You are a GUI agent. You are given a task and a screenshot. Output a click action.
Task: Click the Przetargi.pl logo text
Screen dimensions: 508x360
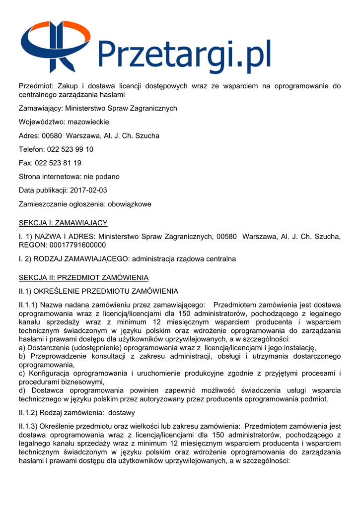pyautogui.click(x=184, y=55)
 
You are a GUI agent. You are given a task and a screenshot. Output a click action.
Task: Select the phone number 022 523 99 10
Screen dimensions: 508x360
pyautogui.click(x=70, y=149)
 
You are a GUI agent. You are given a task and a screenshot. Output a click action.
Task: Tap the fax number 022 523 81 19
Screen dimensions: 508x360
pyautogui.click(x=58, y=163)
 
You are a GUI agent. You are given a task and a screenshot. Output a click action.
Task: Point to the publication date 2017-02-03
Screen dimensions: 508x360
pyautogui.click(x=88, y=190)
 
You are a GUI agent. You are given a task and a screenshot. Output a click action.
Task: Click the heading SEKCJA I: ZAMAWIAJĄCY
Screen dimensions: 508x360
pyautogui.click(x=63, y=223)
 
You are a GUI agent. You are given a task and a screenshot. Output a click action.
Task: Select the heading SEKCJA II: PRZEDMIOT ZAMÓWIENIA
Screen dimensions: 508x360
pyautogui.click(x=83, y=277)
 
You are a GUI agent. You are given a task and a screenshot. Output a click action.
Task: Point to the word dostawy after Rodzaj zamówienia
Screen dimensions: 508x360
pyautogui.click(x=121, y=412)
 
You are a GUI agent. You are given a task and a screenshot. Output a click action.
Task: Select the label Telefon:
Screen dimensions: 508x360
pyautogui.click(x=32, y=149)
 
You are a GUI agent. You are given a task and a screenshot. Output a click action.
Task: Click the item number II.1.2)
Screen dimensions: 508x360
pyautogui.click(x=28, y=412)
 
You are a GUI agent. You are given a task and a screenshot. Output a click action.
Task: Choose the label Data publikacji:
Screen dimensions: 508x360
pyautogui.click(x=43, y=190)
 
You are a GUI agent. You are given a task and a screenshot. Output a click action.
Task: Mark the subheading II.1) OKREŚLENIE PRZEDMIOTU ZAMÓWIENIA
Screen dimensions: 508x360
pyautogui.click(x=98, y=291)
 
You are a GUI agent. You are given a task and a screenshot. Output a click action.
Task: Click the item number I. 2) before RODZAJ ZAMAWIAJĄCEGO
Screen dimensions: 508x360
pyautogui.click(x=26, y=259)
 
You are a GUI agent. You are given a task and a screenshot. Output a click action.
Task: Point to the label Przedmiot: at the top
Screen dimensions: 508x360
pyautogui.click(x=37, y=86)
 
